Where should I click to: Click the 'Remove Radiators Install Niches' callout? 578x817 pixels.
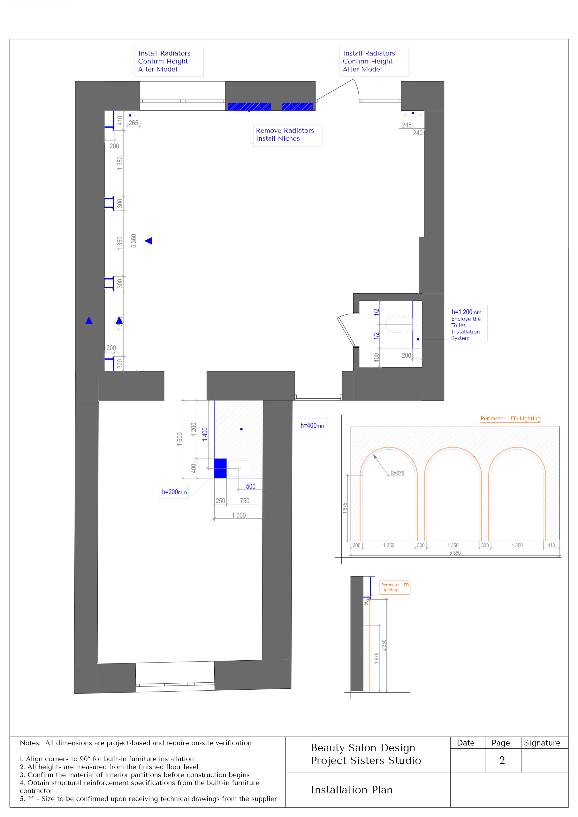[x=285, y=134]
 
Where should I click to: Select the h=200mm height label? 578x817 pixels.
[x=174, y=492]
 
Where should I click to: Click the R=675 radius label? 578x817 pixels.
[x=397, y=473]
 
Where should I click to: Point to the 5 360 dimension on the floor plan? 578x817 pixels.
[x=133, y=241]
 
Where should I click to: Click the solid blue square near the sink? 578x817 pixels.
[x=220, y=468]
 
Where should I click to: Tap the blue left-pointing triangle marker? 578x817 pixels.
[x=148, y=241]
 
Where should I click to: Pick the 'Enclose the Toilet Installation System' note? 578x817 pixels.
[x=466, y=328]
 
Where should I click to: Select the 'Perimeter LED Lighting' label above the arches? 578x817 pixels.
[x=510, y=418]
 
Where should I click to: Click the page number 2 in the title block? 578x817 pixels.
[x=502, y=760]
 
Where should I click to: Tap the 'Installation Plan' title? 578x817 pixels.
[x=352, y=790]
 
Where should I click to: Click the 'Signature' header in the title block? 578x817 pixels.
[x=542, y=743]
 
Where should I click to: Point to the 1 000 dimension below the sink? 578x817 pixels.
[x=239, y=515]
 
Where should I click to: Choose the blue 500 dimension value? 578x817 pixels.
[x=251, y=486]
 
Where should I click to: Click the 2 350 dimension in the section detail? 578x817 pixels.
[x=384, y=645]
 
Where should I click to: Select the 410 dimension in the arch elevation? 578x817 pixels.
[x=551, y=545]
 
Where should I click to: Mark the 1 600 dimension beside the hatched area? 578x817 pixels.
[x=180, y=439]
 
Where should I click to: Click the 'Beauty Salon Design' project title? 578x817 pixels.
[x=363, y=748]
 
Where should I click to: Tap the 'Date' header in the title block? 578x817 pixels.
[x=466, y=743]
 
